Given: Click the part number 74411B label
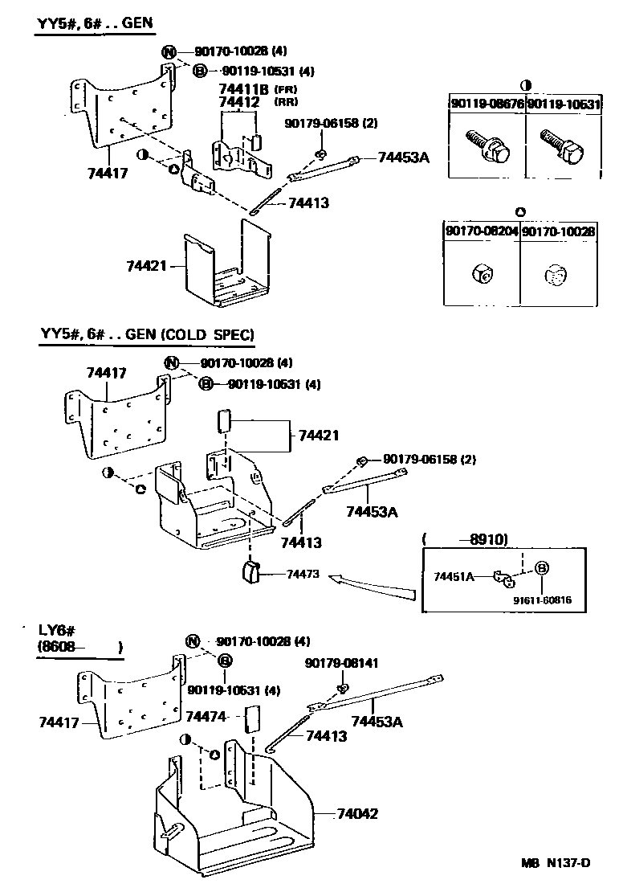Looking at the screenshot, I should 245,89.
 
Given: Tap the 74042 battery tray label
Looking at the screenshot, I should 353,813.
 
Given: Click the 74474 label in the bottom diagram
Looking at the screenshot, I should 206,715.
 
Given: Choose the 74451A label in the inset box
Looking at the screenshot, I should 454,576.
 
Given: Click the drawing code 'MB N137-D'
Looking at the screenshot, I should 554,864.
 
